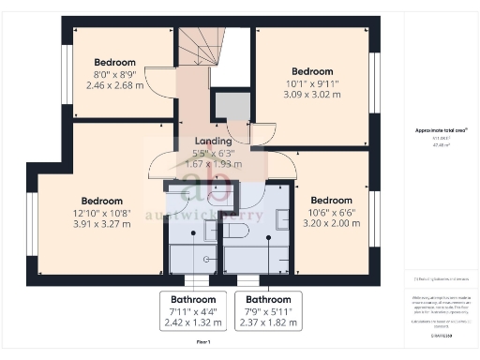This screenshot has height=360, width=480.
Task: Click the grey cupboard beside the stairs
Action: (232, 109)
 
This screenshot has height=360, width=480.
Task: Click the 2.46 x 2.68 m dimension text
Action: (113, 83)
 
